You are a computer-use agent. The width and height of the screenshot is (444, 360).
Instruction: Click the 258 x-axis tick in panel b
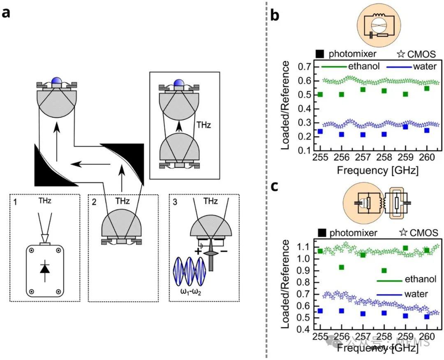point(384,159)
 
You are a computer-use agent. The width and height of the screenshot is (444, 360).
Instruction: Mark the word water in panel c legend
point(416,294)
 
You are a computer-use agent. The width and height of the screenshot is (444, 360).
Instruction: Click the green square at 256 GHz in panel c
point(341,268)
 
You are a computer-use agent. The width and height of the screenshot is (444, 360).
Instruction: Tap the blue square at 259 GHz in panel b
point(405,127)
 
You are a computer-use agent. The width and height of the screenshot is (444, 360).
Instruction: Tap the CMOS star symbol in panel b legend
point(402,53)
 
